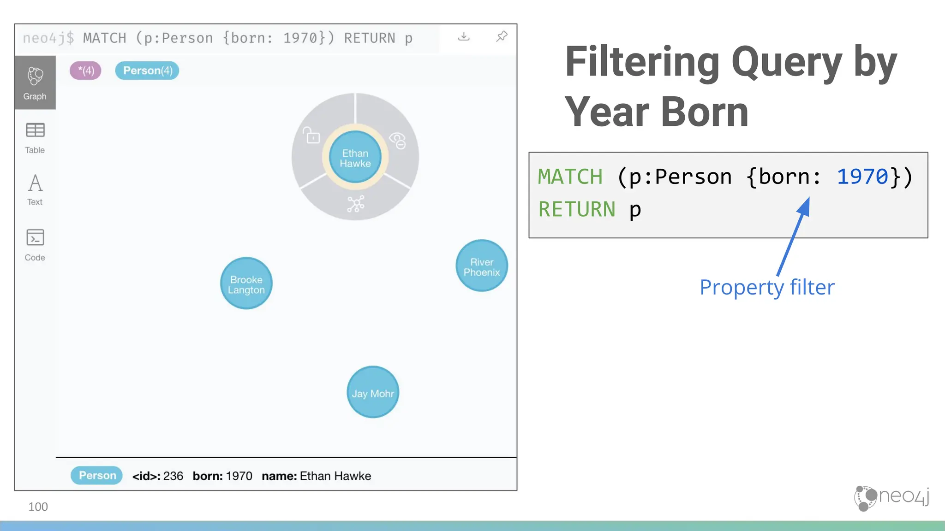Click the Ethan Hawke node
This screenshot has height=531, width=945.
pyautogui.click(x=355, y=158)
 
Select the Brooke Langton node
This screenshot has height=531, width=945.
pyautogui.click(x=246, y=283)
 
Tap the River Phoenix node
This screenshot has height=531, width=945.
pyautogui.click(x=482, y=266)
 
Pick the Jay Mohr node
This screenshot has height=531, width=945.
pyautogui.click(x=373, y=392)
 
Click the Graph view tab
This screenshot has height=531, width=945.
pyautogui.click(x=35, y=83)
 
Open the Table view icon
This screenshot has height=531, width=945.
pyautogui.click(x=35, y=131)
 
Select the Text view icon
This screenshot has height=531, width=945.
pyautogui.click(x=35, y=183)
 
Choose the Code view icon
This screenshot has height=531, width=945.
pyautogui.click(x=35, y=238)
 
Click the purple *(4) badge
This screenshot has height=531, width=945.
pyautogui.click(x=85, y=71)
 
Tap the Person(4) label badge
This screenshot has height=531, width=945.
pyautogui.click(x=147, y=71)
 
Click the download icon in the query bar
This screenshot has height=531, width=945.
pyautogui.click(x=464, y=36)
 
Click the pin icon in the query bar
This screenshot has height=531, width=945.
pyautogui.click(x=502, y=36)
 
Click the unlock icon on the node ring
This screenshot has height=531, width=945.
pyautogui.click(x=312, y=136)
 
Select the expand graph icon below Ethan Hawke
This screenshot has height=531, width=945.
pyautogui.click(x=356, y=203)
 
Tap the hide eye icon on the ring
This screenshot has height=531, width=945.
pyautogui.click(x=398, y=140)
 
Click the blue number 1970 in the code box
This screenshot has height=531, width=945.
pyautogui.click(x=862, y=177)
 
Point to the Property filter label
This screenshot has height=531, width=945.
pyautogui.click(x=767, y=287)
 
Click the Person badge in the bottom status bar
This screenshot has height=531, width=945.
pyautogui.click(x=97, y=475)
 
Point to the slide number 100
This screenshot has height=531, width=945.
pyautogui.click(x=38, y=507)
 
